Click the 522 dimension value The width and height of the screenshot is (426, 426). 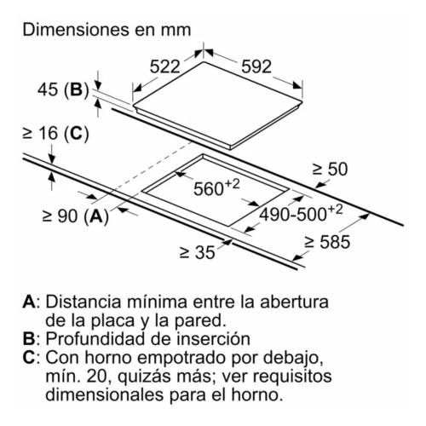click(x=165, y=67)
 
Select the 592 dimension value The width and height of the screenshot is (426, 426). click(x=256, y=67)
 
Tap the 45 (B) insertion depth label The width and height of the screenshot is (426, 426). click(x=63, y=90)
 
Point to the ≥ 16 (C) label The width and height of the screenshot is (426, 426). click(x=55, y=134)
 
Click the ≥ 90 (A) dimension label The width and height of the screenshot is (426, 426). click(x=76, y=216)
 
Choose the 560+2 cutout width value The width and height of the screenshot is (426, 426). click(x=216, y=187)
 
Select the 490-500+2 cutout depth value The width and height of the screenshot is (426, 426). click(x=302, y=213)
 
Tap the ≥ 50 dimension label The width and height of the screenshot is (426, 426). click(x=330, y=170)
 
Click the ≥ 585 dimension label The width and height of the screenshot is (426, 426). click(x=327, y=242)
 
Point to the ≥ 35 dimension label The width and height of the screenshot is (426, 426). click(x=198, y=252)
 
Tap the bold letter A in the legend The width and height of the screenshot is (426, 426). click(x=29, y=302)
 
